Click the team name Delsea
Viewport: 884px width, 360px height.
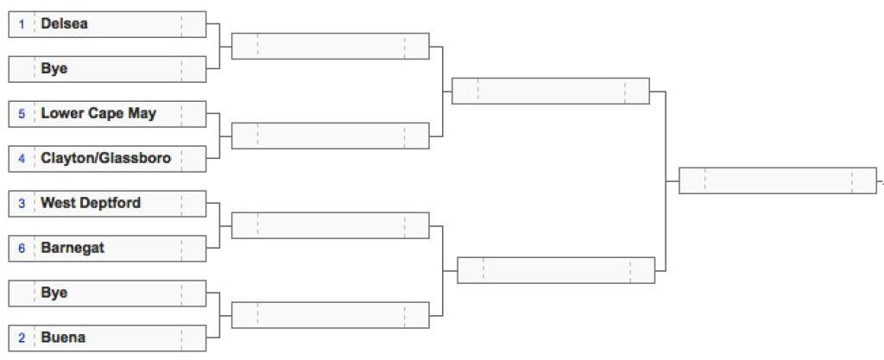(x=64, y=24)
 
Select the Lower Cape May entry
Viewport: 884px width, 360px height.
(x=98, y=114)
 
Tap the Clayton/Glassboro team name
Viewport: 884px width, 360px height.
(x=106, y=158)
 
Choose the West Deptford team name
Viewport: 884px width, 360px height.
(x=91, y=203)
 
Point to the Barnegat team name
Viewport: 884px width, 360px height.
(x=73, y=248)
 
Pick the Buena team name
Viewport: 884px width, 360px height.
(x=63, y=338)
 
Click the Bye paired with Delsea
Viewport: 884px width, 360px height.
(x=54, y=69)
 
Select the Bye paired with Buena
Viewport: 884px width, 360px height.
(x=54, y=293)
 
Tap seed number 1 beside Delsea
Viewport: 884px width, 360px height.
(x=22, y=24)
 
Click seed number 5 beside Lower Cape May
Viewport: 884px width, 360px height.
(x=22, y=114)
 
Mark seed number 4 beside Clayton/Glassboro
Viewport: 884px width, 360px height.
(x=22, y=158)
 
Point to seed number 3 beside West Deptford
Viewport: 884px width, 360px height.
(x=22, y=204)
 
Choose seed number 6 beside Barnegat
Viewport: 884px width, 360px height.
(x=22, y=248)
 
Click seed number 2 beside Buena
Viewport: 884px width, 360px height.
(x=22, y=338)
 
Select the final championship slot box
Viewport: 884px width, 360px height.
(x=778, y=180)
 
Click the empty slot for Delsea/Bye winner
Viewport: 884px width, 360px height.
(x=331, y=47)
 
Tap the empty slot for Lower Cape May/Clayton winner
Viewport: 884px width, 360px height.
(x=331, y=136)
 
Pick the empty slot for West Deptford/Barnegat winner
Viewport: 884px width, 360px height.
(x=331, y=225)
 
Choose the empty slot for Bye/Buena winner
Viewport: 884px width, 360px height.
(x=331, y=315)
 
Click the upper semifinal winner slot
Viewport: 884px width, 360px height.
(x=551, y=91)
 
